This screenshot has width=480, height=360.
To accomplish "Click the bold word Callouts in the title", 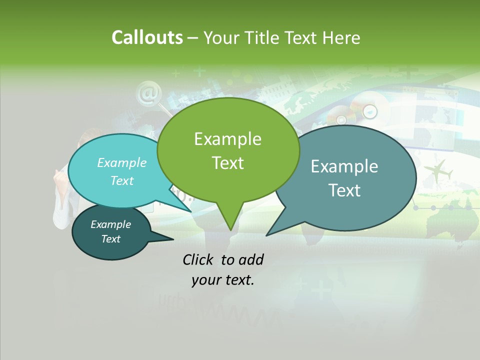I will pyautogui.click(x=147, y=37).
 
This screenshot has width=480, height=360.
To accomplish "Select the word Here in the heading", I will pyautogui.click(x=341, y=37).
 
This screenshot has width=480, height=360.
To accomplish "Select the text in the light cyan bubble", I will pyautogui.click(x=122, y=171).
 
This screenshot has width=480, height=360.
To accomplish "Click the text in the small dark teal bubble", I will pyautogui.click(x=111, y=231).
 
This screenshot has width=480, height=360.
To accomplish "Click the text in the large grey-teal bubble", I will pyautogui.click(x=344, y=178).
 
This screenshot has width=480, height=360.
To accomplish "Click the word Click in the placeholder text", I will pyautogui.click(x=198, y=259).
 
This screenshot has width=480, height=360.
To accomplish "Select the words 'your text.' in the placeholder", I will pyautogui.click(x=223, y=280).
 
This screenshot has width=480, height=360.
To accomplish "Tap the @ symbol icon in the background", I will pyautogui.click(x=148, y=93).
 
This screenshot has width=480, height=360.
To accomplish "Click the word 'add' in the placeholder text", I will pyautogui.click(x=251, y=259).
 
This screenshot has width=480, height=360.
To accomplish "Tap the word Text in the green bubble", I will pyautogui.click(x=228, y=163).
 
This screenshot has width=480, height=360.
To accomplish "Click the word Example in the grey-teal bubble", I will pyautogui.click(x=344, y=166).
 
